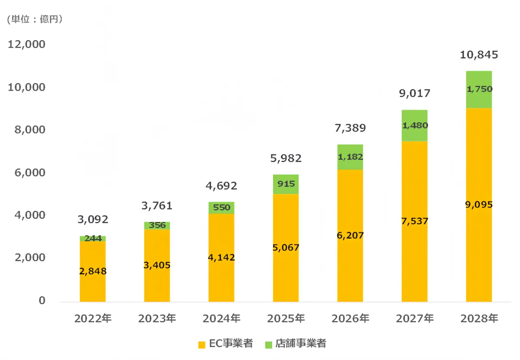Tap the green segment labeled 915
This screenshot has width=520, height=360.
click(x=286, y=184)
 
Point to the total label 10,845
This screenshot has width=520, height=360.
click(x=479, y=55)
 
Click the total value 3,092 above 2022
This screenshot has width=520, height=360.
click(x=93, y=219)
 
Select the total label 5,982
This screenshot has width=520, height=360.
click(x=286, y=158)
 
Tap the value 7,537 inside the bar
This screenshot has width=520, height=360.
click(x=414, y=221)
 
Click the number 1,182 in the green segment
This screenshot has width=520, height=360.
click(x=350, y=157)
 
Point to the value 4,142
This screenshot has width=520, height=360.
click(x=221, y=258)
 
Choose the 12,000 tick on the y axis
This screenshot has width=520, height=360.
click(x=26, y=45)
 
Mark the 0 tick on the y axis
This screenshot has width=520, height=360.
click(x=42, y=301)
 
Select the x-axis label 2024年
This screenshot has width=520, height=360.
click(x=221, y=319)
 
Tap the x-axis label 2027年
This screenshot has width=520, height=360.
click(x=414, y=319)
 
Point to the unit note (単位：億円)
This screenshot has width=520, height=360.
click(x=35, y=19)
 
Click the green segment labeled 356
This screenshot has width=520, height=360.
click(x=157, y=226)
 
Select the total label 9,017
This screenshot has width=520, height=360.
click(x=415, y=94)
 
